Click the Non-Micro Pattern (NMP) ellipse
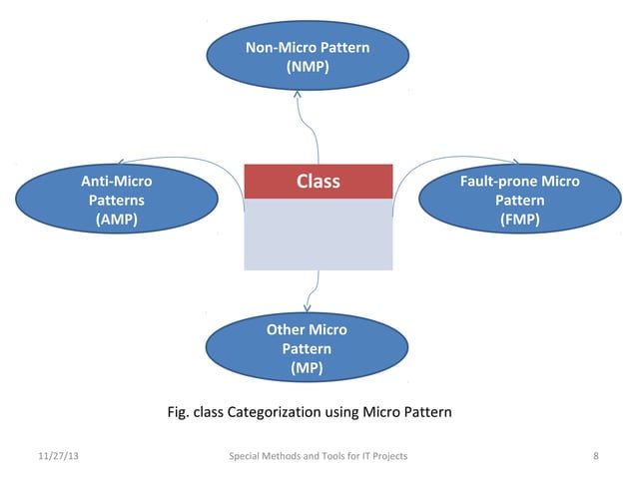click(307, 58)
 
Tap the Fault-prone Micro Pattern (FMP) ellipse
click(519, 200)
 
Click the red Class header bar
click(318, 182)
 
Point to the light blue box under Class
click(318, 235)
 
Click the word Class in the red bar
click(318, 182)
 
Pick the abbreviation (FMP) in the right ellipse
click(519, 220)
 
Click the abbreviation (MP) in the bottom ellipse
click(307, 368)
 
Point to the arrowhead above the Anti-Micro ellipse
click(121, 162)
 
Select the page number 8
click(596, 456)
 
